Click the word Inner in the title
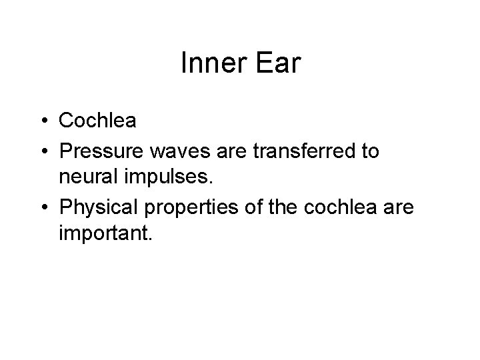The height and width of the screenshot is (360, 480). pos(208,64)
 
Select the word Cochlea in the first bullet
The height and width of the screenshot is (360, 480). pos(97,121)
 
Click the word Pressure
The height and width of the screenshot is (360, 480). pos(100,151)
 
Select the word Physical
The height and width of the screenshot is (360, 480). pos(99,208)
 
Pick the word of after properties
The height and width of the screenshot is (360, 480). pos(256,207)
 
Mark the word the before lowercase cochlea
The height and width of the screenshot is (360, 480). pos(287,207)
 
